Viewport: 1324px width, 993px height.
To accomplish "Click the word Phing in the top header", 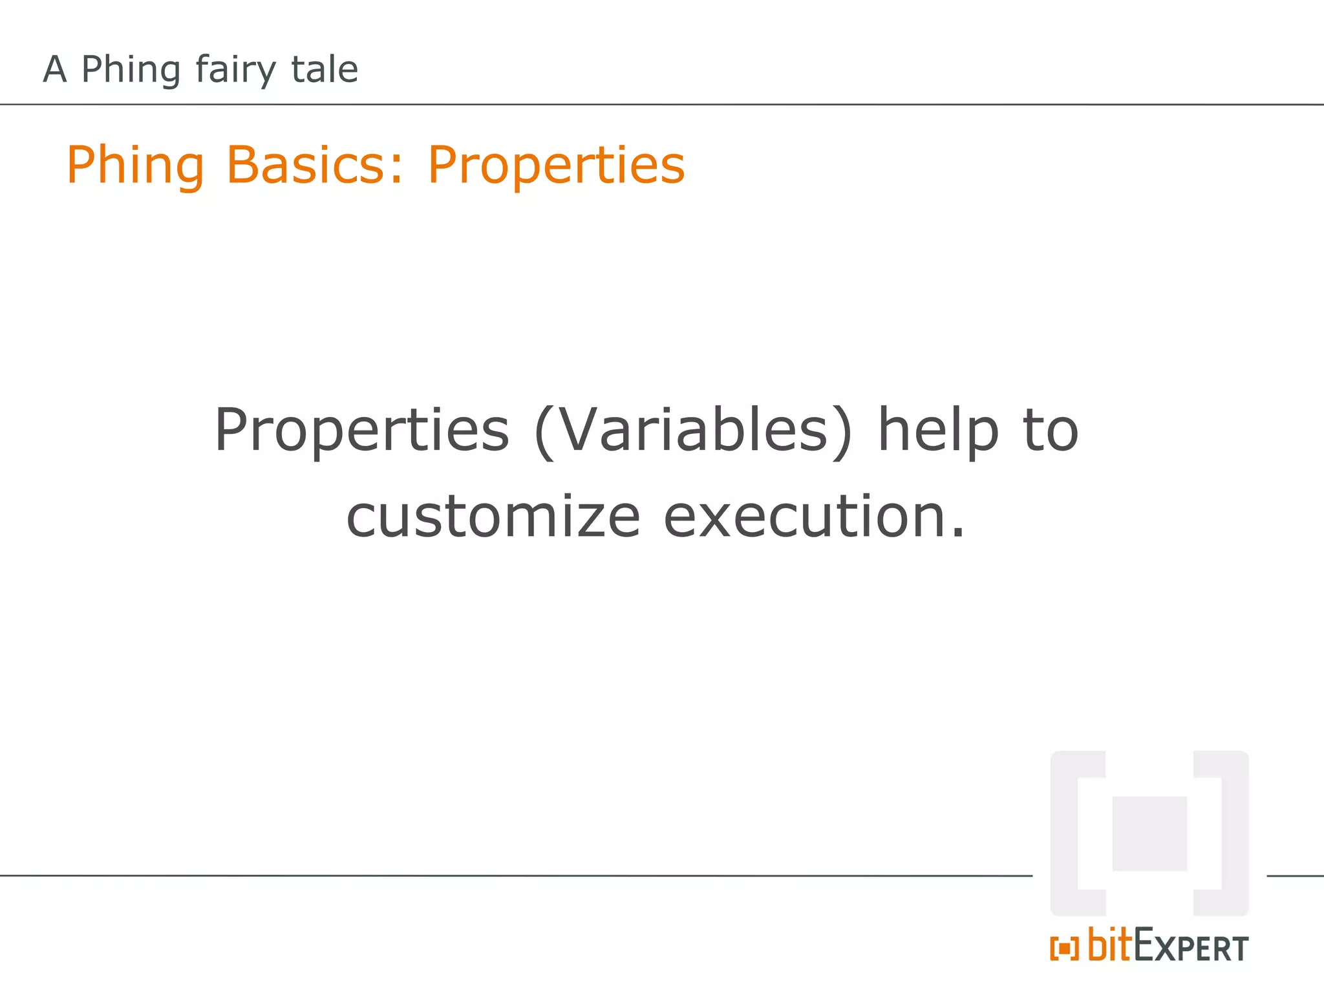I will tap(131, 70).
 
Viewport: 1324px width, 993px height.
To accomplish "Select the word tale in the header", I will tap(324, 69).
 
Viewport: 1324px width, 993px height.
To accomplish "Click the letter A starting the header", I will tap(55, 69).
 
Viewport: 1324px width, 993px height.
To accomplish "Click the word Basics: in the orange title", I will tap(315, 165).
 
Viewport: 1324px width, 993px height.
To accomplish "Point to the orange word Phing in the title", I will tap(136, 166).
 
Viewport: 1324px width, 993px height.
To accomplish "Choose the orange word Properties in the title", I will tap(556, 166).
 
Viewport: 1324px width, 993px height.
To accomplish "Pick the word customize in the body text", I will tap(493, 517).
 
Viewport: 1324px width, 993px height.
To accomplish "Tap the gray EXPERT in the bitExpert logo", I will tap(1191, 948).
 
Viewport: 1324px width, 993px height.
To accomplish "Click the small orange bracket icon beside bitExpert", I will tap(1064, 948).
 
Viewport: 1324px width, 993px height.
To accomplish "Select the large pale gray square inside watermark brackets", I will tap(1149, 833).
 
